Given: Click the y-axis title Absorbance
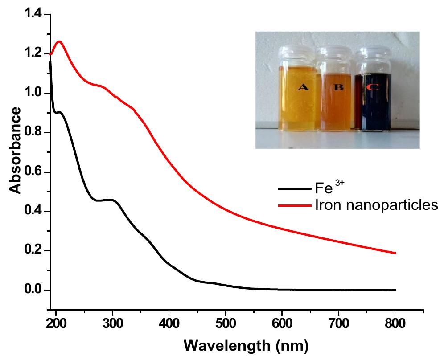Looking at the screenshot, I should (x=16, y=151).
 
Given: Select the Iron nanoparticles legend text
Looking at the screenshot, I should (x=372, y=205).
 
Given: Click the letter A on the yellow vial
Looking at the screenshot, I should (x=303, y=87).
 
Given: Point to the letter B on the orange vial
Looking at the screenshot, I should (x=339, y=87).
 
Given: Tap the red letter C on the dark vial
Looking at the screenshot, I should (x=372, y=87).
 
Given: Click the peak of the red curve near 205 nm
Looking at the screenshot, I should (x=59, y=41).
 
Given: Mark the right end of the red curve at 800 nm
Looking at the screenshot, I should (x=395, y=253).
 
